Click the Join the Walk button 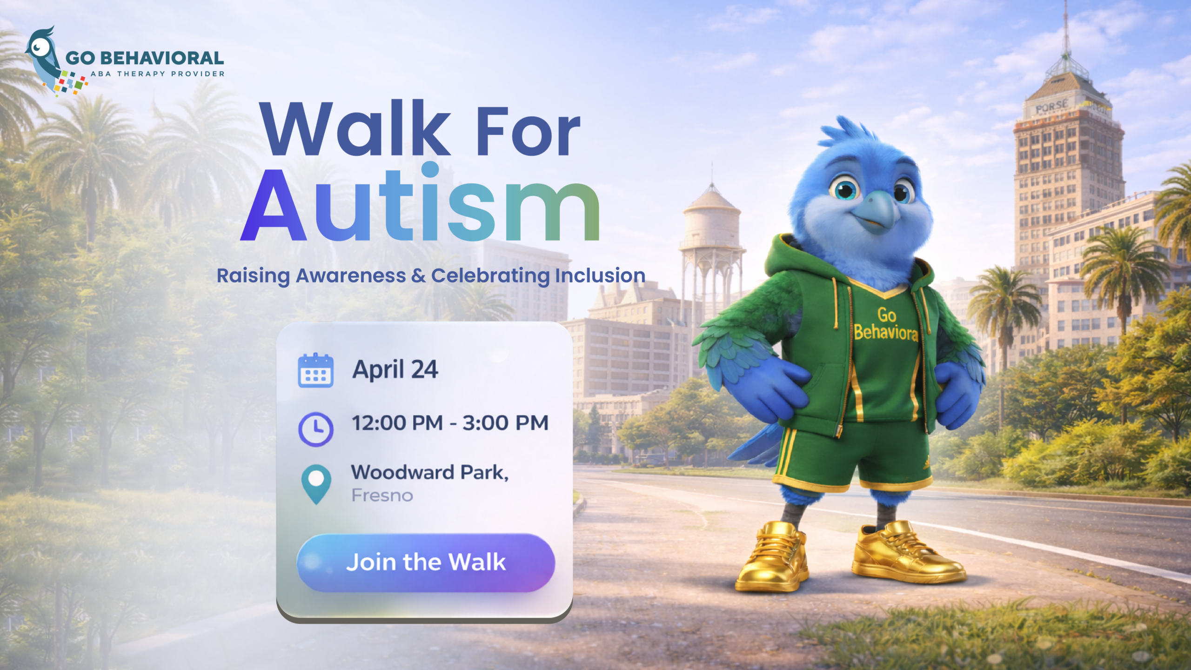[x=426, y=563]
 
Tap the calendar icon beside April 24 [x=315, y=370]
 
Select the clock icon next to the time [x=315, y=429]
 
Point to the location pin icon [x=316, y=484]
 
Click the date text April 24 [x=395, y=370]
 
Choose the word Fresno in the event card [x=382, y=496]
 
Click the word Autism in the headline [x=420, y=203]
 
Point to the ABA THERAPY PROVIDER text [x=158, y=74]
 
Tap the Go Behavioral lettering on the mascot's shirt [x=886, y=324]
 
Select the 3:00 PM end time [x=506, y=423]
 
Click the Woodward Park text [x=430, y=472]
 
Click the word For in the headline [x=528, y=131]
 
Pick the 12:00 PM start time [x=397, y=423]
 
